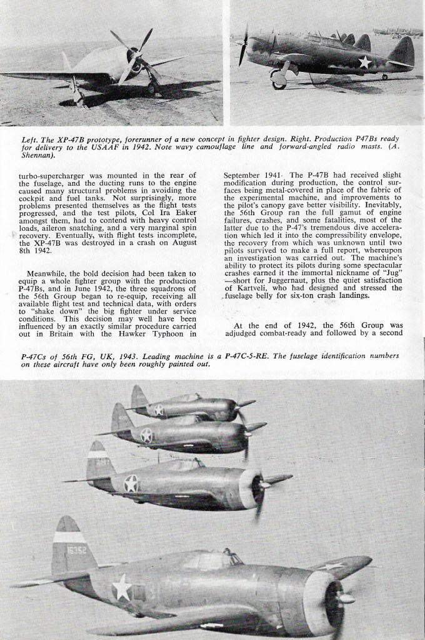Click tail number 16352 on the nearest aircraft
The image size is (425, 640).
[78, 550]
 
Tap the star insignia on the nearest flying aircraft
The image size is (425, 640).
[122, 587]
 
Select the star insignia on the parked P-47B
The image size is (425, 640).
[363, 61]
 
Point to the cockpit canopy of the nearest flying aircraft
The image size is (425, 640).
[206, 559]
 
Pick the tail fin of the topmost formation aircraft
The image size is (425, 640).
[138, 399]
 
